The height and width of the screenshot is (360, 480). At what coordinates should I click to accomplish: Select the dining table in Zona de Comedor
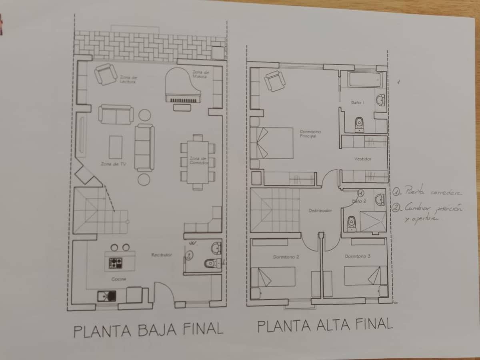tap(198, 162)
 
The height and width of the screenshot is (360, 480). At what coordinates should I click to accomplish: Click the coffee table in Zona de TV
tap(116, 147)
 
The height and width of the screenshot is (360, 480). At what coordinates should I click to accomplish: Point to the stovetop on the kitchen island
tap(116, 263)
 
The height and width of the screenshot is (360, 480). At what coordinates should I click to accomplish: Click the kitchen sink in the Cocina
tap(107, 296)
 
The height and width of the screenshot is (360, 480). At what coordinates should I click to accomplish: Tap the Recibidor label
tap(162, 255)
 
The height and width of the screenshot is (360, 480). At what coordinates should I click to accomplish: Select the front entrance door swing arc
tap(164, 292)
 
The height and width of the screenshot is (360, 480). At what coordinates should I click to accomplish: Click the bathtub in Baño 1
tap(363, 80)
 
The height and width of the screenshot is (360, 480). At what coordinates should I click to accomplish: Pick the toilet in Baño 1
tap(359, 124)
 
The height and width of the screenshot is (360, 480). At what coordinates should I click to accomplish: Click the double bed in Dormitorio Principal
tap(272, 143)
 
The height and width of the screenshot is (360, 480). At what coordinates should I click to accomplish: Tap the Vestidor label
tap(363, 159)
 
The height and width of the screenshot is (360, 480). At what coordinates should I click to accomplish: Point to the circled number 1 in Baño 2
tap(360, 193)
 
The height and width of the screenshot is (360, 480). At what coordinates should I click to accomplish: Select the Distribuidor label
tap(320, 210)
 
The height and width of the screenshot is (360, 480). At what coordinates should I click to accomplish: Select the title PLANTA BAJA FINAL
tap(148, 330)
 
